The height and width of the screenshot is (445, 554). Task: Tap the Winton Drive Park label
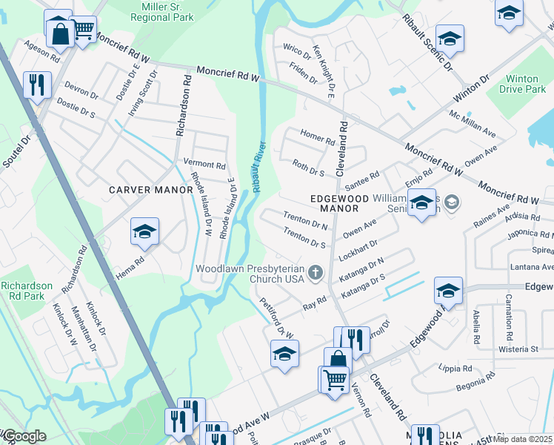point(524,84)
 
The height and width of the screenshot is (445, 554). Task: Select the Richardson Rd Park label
point(27,291)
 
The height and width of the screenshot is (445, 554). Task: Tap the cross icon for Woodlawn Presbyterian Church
point(316,273)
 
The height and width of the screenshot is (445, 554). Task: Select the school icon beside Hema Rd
point(145,231)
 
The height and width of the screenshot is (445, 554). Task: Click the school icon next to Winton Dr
point(450,38)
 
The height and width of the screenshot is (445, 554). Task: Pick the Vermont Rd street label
point(204,165)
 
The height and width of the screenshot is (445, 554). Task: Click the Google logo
point(24,437)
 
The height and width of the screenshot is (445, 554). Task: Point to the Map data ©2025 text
point(523,439)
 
